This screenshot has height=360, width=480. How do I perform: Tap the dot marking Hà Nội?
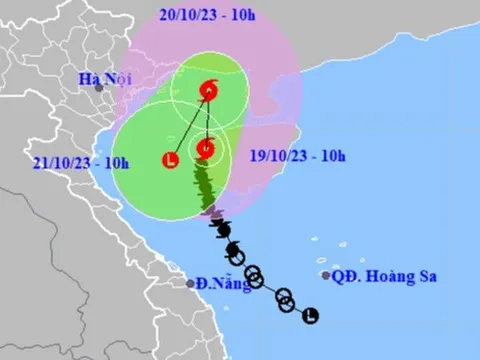coord(100,89)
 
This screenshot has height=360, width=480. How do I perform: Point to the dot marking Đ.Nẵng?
coord(190,283)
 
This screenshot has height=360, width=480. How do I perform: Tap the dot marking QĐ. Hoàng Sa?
coord(326,275)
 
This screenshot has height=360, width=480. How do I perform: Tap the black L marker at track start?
coord(312,316)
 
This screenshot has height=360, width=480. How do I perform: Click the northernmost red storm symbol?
coord(208,90)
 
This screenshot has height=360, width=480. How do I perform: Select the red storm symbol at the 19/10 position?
coord(205,150)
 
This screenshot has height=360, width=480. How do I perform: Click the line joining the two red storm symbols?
coord(207,120)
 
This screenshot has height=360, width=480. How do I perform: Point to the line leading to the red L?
coord(190,124)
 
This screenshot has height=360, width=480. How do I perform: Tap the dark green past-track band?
coord(208,185)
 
